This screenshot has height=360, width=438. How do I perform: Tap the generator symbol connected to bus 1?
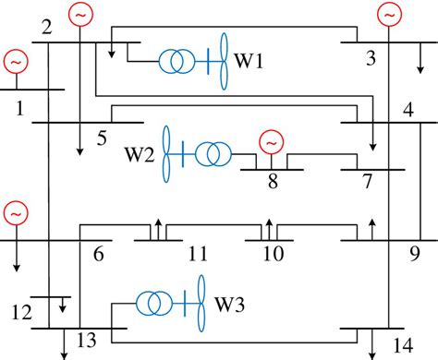click(16, 62)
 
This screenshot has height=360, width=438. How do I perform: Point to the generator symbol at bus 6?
click(16, 212)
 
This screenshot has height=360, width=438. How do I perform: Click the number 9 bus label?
click(414, 250)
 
